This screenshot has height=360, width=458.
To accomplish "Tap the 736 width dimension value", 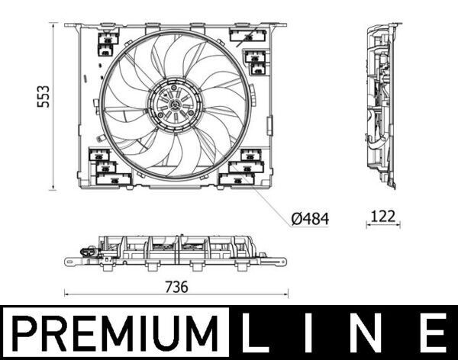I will pos(176,287).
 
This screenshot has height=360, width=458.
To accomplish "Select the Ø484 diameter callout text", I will pos(310,219).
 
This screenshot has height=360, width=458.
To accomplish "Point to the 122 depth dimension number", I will pos(383,217).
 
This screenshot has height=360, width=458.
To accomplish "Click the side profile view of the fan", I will pos(381,105).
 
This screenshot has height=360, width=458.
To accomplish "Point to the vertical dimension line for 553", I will pos(54,106).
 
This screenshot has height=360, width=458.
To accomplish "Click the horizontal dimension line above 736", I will pos(176,295).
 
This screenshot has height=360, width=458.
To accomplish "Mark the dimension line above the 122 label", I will pos(382,226).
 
